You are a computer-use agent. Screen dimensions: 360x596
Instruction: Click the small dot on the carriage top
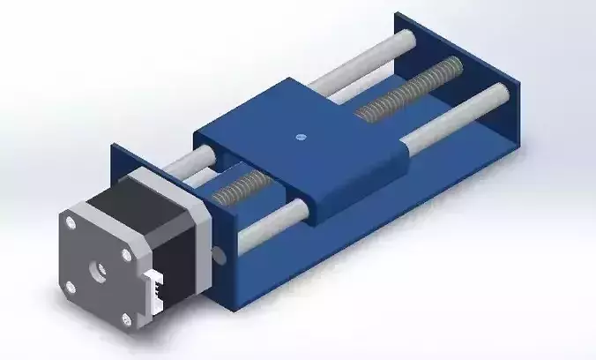[300, 137]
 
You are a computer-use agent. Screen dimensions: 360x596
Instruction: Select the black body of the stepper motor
[168, 238]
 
